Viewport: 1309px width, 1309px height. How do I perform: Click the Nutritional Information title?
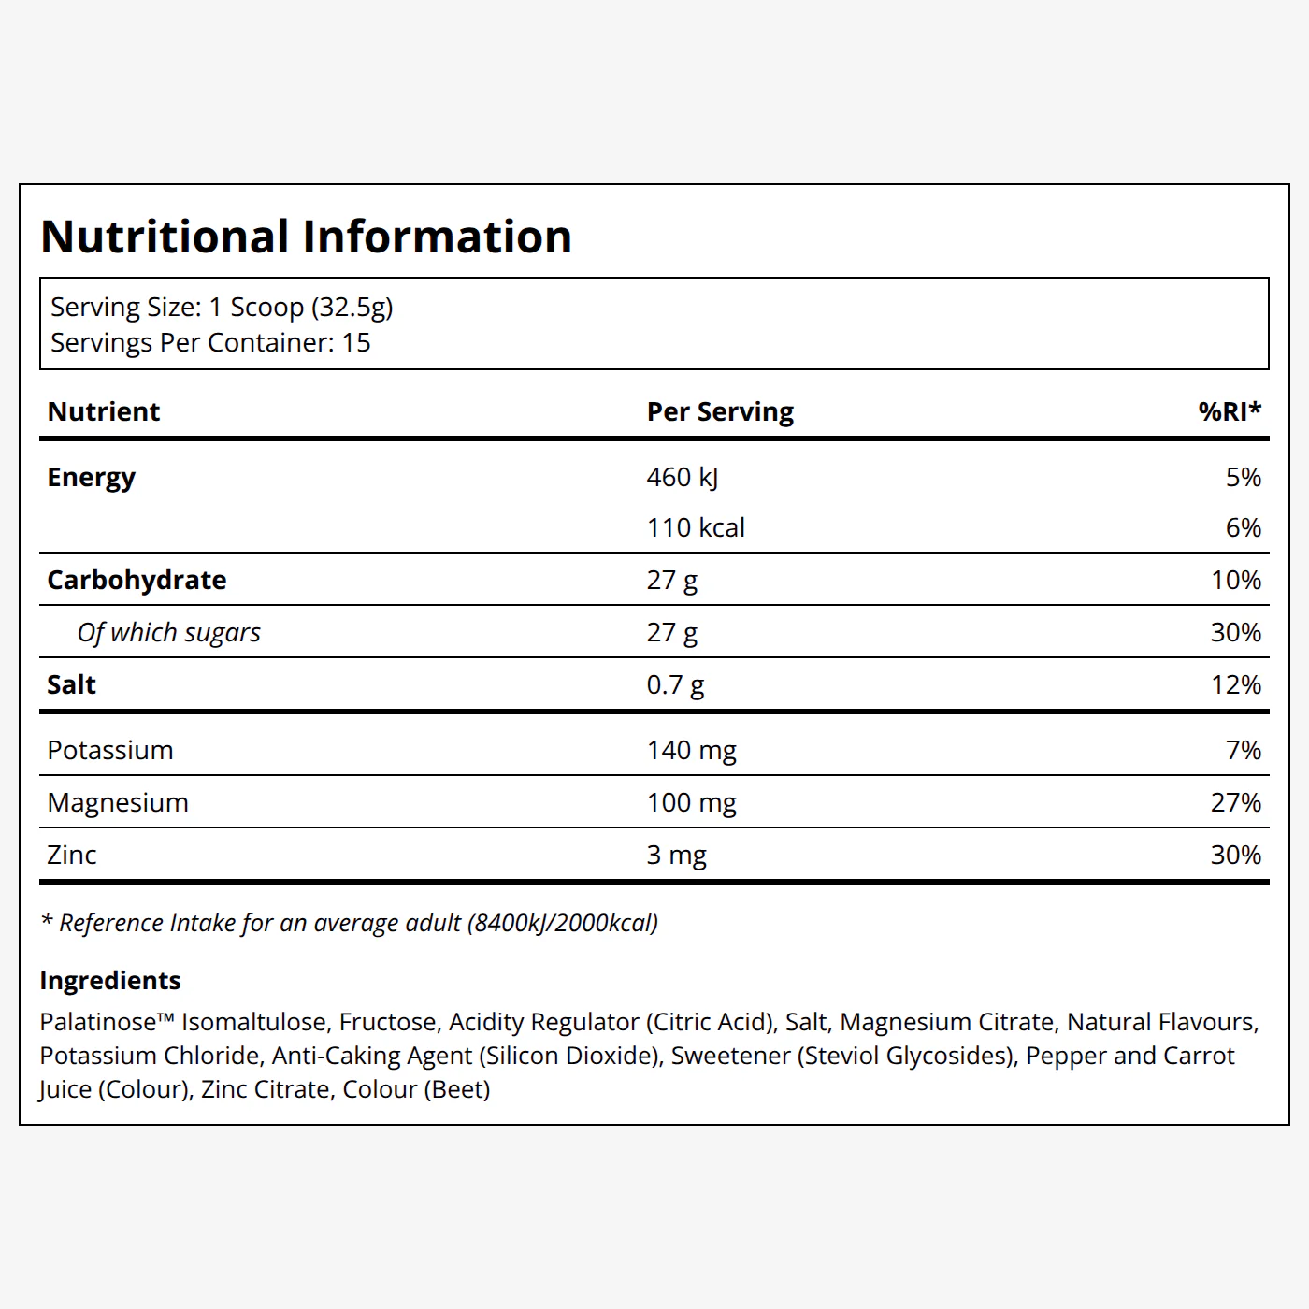[x=306, y=237]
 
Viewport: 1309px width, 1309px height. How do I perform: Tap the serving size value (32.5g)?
[x=352, y=308]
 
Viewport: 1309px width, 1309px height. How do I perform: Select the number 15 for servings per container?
[x=356, y=342]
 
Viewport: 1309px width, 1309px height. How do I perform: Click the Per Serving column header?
[x=720, y=411]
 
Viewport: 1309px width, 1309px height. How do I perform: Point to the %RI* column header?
[x=1230, y=410]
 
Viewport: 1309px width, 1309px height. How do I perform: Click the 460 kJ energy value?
[x=682, y=478]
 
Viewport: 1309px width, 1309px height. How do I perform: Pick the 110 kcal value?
[x=696, y=528]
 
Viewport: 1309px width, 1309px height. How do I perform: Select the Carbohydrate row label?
[x=137, y=580]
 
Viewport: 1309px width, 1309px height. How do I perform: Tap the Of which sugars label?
[x=168, y=632]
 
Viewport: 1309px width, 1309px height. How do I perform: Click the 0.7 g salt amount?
[x=675, y=684]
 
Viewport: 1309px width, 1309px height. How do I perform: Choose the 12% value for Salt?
[x=1236, y=684]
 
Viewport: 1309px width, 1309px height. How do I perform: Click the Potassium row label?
[x=110, y=750]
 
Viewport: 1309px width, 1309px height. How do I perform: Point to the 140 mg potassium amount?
[x=692, y=751]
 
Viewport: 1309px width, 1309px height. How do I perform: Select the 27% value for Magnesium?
[x=1236, y=803]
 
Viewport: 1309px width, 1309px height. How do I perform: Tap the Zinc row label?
[x=71, y=855]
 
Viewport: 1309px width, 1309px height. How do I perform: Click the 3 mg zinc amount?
[x=677, y=856]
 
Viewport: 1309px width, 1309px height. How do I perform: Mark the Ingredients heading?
[x=110, y=981]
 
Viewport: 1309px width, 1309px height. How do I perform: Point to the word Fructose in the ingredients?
[x=387, y=1022]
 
